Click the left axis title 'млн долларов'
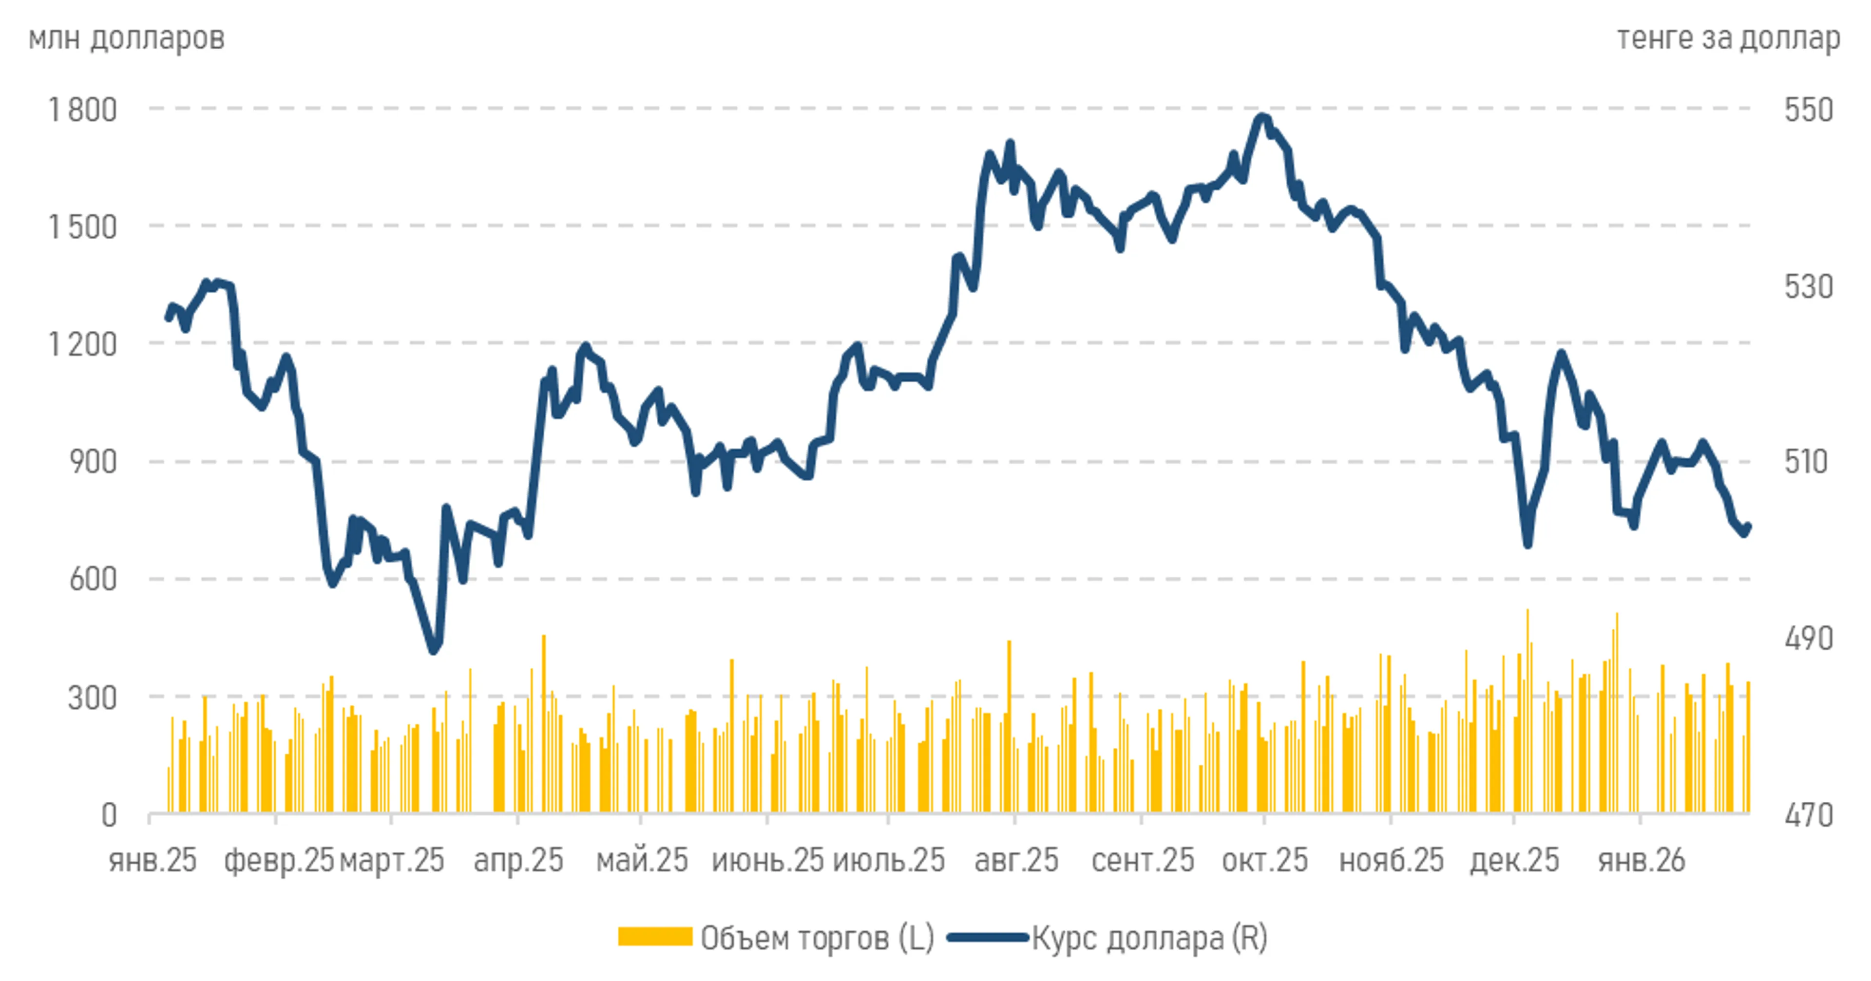click(x=126, y=38)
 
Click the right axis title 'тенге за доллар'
click(x=1728, y=38)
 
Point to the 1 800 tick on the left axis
click(x=82, y=111)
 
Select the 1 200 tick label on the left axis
click(x=82, y=344)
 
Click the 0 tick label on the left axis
click(x=109, y=815)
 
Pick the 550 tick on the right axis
click(x=1809, y=111)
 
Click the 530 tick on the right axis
click(x=1809, y=287)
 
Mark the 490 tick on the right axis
click(x=1809, y=638)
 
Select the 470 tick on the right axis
click(x=1809, y=815)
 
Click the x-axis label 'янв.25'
click(x=153, y=861)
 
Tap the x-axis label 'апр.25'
click(x=518, y=861)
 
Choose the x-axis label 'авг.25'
click(x=1016, y=861)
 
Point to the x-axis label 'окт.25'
click(x=1264, y=861)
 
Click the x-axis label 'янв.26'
click(x=1641, y=861)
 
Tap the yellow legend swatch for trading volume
click(x=654, y=937)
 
